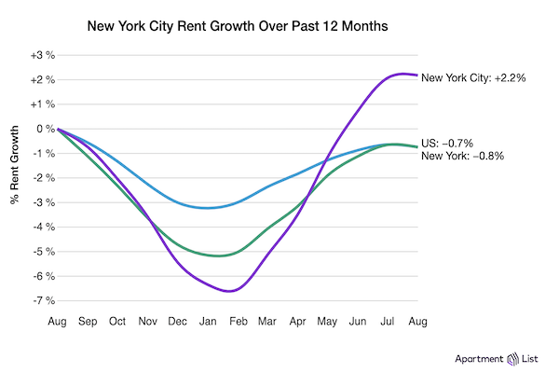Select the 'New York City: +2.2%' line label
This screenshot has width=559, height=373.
(x=474, y=78)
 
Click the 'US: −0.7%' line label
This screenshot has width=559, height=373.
(x=448, y=143)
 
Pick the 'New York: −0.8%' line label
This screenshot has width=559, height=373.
(x=463, y=156)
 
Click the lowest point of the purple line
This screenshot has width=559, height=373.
(x=228, y=291)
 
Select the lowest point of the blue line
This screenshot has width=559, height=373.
(x=208, y=208)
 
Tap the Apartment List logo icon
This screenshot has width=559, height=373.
(x=511, y=358)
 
